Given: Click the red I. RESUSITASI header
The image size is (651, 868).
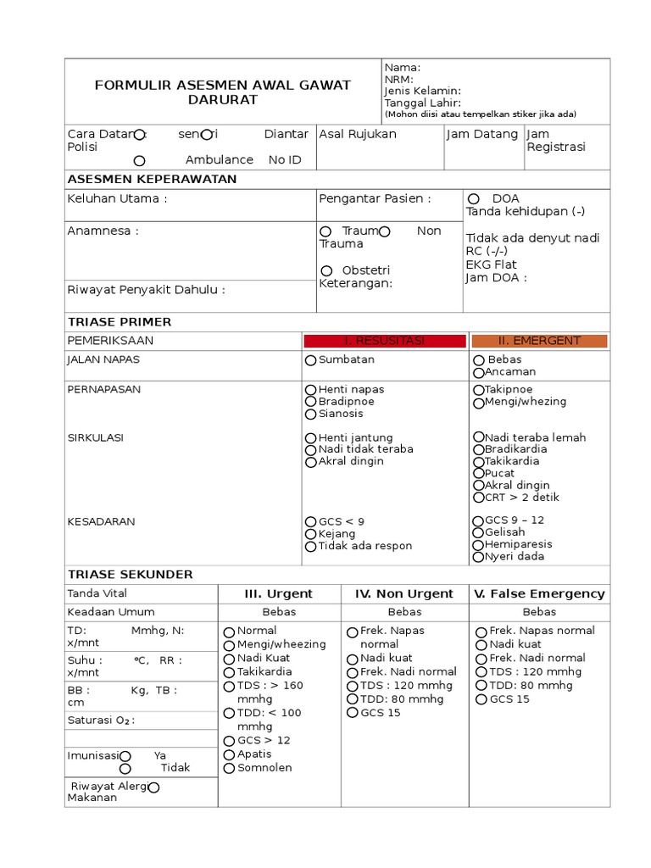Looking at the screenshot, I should [385, 341].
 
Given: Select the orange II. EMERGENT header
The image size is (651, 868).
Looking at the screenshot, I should [539, 341].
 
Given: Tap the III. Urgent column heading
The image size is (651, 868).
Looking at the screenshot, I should [278, 594].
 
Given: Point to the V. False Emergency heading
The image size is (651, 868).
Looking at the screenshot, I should [539, 594].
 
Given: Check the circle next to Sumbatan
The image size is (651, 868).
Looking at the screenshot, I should [311, 360].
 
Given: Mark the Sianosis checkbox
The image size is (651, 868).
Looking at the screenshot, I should [311, 415].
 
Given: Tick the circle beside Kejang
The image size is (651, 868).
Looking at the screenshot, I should [311, 534].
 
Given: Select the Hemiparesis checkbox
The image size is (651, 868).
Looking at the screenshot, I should [478, 545].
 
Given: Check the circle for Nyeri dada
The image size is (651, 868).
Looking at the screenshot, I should [478, 558].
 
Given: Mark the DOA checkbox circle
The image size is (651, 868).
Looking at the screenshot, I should [473, 198].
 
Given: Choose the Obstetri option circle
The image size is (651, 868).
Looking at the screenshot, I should [325, 270].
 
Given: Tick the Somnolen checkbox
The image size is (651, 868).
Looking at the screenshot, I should [229, 768].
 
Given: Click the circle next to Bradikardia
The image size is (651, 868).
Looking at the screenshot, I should [478, 449].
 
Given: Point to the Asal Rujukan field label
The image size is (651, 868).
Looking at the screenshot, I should [357, 135].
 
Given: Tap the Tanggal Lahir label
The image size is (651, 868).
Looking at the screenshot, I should [422, 103].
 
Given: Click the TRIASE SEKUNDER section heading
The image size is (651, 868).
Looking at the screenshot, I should [130, 575].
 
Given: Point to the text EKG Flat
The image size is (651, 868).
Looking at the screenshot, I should [491, 264].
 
